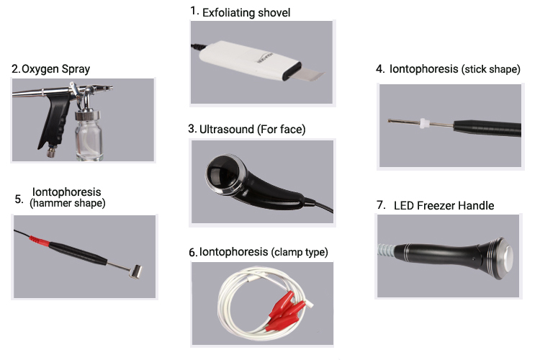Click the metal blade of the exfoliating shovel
click(309, 73)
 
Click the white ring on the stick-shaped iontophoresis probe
click(425, 123)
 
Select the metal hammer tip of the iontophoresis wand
click(135, 271)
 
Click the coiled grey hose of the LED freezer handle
click(386, 251)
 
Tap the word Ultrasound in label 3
click(227, 130)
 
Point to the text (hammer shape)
click(68, 203)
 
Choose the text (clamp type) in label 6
click(300, 252)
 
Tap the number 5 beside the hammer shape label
click(19, 199)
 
